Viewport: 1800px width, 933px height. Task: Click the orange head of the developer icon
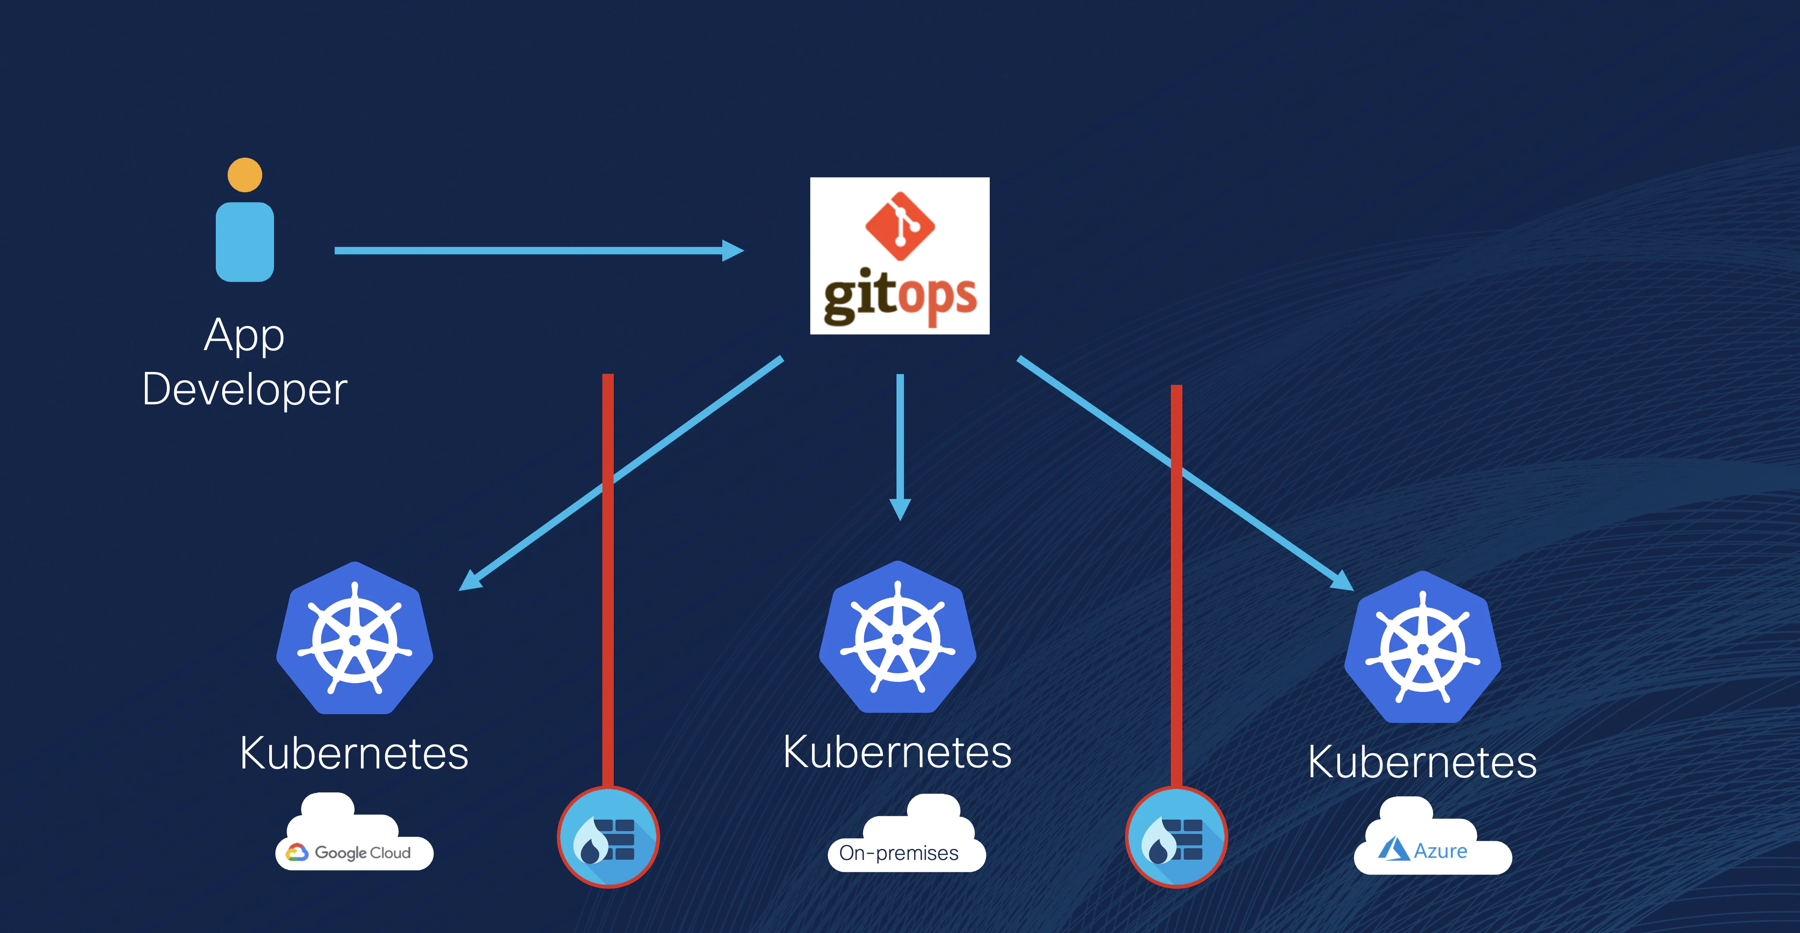pyautogui.click(x=245, y=175)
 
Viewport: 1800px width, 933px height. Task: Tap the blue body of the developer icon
pyautogui.click(x=245, y=242)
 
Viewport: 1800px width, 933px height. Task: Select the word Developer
pyautogui.click(x=245, y=389)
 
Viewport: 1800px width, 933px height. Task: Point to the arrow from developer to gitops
pyautogui.click(x=539, y=250)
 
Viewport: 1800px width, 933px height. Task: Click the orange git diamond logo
pyautogui.click(x=900, y=225)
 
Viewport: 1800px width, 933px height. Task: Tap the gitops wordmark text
pyautogui.click(x=900, y=297)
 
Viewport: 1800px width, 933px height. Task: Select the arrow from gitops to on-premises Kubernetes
pyautogui.click(x=900, y=447)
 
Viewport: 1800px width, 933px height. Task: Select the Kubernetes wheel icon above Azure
pyautogui.click(x=1423, y=647)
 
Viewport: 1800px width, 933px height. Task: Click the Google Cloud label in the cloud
pyautogui.click(x=362, y=852)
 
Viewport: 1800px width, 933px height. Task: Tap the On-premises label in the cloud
pyautogui.click(x=899, y=852)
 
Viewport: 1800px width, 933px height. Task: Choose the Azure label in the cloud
pyautogui.click(x=1440, y=851)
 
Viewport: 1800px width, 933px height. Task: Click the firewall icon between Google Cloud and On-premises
pyautogui.click(x=608, y=837)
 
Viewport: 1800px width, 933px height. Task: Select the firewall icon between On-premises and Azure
pyautogui.click(x=1177, y=837)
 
